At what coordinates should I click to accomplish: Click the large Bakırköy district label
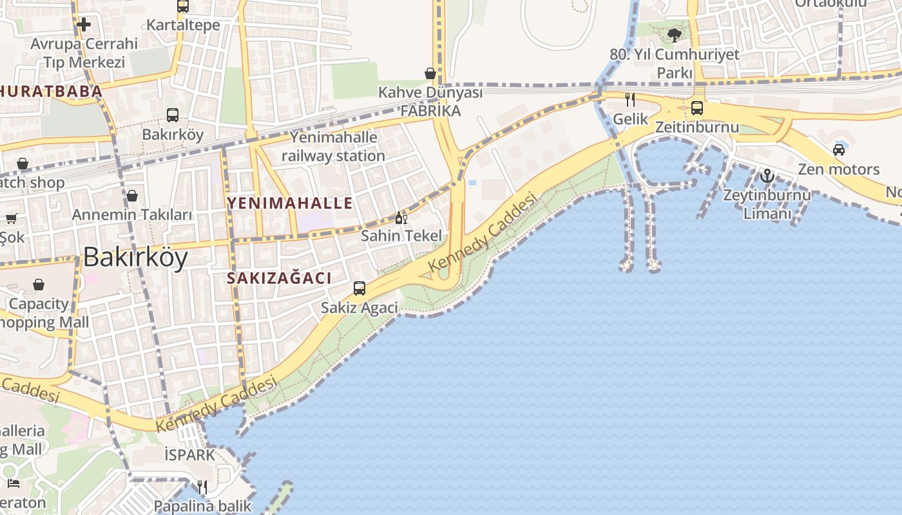[135, 257]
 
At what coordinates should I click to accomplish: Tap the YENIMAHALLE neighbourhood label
[290, 203]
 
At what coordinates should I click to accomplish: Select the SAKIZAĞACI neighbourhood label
[280, 278]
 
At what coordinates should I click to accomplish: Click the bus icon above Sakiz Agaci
[360, 288]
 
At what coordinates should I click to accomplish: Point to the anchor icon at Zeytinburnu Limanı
[767, 175]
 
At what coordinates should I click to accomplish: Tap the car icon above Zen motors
[839, 150]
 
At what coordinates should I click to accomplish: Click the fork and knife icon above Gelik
[630, 100]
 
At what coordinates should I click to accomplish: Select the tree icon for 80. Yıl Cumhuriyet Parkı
[675, 35]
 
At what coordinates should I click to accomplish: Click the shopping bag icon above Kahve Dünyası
[430, 73]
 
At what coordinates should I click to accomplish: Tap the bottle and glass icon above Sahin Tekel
[401, 218]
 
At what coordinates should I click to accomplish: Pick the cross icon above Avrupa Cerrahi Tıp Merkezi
[84, 25]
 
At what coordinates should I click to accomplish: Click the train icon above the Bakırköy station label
[173, 115]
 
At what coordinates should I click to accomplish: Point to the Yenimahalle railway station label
[333, 147]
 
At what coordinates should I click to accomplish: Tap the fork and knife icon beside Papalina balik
[202, 487]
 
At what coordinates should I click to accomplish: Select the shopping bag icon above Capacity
[39, 285]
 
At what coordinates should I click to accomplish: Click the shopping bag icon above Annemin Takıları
[132, 195]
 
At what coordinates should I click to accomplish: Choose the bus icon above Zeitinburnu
[697, 108]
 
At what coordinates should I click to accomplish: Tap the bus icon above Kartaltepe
[183, 6]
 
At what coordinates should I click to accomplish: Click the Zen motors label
[838, 169]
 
